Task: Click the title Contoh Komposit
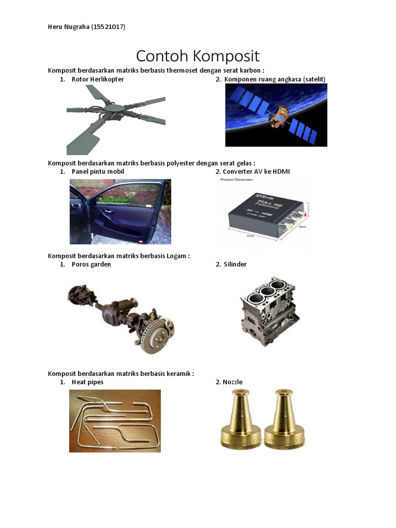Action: pyautogui.click(x=197, y=56)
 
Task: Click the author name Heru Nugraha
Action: pyautogui.click(x=69, y=27)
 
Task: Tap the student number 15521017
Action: pyautogui.click(x=108, y=27)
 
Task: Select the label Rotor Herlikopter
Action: pyautogui.click(x=97, y=79)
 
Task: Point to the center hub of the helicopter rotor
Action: pyautogui.click(x=115, y=108)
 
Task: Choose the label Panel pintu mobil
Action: pyautogui.click(x=97, y=171)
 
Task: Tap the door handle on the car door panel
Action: pyautogui.click(x=108, y=211)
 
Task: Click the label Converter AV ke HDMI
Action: pyautogui.click(x=256, y=171)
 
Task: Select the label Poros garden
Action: pyautogui.click(x=91, y=265)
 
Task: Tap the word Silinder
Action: pyautogui.click(x=235, y=265)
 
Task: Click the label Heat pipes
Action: pyautogui.click(x=88, y=382)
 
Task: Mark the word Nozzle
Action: pyautogui.click(x=233, y=382)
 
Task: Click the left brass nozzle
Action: pyautogui.click(x=241, y=419)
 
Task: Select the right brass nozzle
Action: pyautogui.click(x=284, y=419)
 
